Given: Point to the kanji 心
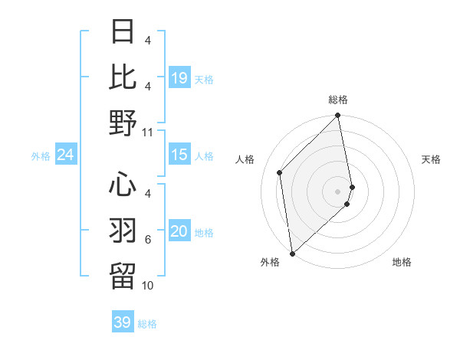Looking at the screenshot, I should coord(123,185).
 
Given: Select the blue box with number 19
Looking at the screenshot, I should coord(179,78).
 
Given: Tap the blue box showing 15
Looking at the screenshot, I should coord(179,155).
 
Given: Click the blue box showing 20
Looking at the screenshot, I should coord(179,232).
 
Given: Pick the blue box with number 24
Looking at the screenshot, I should coord(66,155).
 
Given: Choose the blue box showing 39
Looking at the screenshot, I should coord(122,322).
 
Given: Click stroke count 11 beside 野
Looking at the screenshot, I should coord(148,132).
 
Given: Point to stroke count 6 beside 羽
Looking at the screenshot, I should coord(148,240).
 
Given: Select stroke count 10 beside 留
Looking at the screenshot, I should coord(148,286).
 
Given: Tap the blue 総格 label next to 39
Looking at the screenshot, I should coord(148,323).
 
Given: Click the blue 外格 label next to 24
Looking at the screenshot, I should coord(41,156).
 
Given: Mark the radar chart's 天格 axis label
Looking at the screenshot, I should coord(431,159).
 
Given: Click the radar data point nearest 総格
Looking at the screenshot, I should coord(337,116).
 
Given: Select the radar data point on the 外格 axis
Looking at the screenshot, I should coord(292,252).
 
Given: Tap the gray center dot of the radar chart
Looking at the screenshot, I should coord(337,191).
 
